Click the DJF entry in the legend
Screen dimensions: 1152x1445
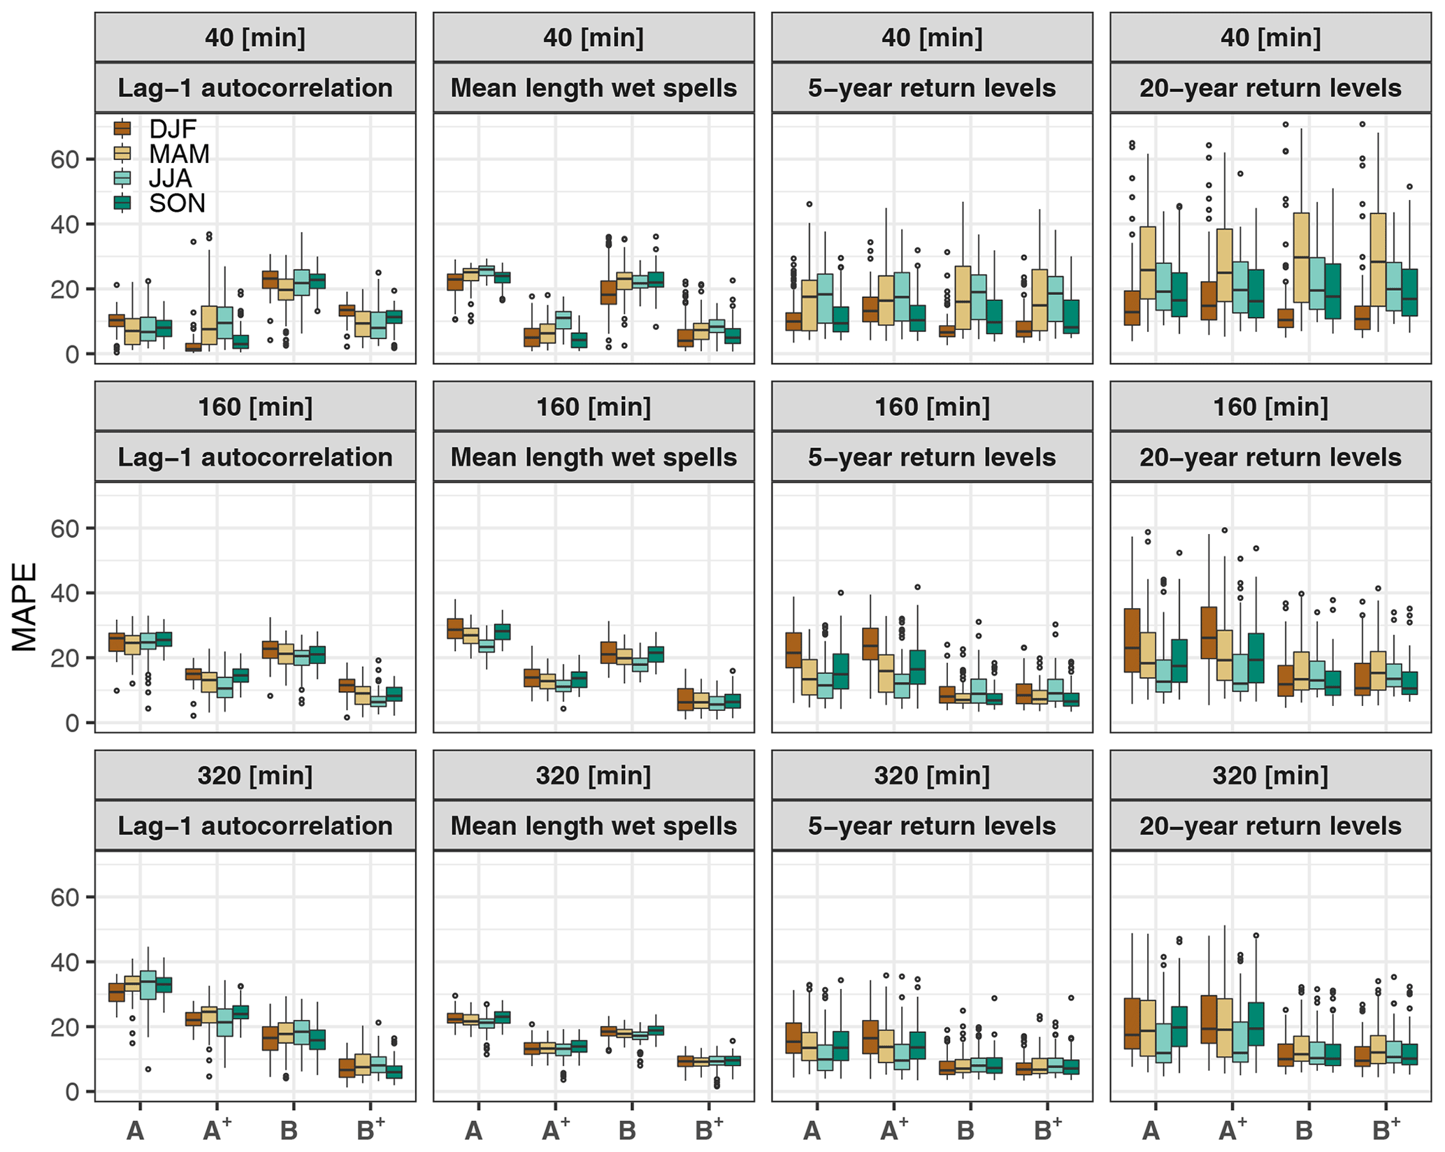[x=172, y=129]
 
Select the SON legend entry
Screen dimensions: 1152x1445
[x=176, y=203]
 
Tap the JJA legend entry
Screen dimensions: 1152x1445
[x=169, y=178]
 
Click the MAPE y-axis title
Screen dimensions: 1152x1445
[x=25, y=607]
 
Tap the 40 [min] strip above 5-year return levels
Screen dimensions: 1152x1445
[x=932, y=37]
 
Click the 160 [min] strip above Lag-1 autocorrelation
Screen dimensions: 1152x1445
[x=255, y=407]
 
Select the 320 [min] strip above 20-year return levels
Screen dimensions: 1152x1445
[x=1270, y=775]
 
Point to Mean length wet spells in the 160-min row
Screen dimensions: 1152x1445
[x=594, y=457]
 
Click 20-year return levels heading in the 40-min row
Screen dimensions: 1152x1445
[x=1270, y=88]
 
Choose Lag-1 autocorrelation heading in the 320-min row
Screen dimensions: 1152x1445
[x=255, y=826]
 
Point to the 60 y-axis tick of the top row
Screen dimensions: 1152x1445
[x=64, y=159]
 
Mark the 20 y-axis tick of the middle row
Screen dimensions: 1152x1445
[x=64, y=658]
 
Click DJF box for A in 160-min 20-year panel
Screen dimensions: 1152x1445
[x=1132, y=640]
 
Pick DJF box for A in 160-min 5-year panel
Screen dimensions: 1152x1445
[x=793, y=650]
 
